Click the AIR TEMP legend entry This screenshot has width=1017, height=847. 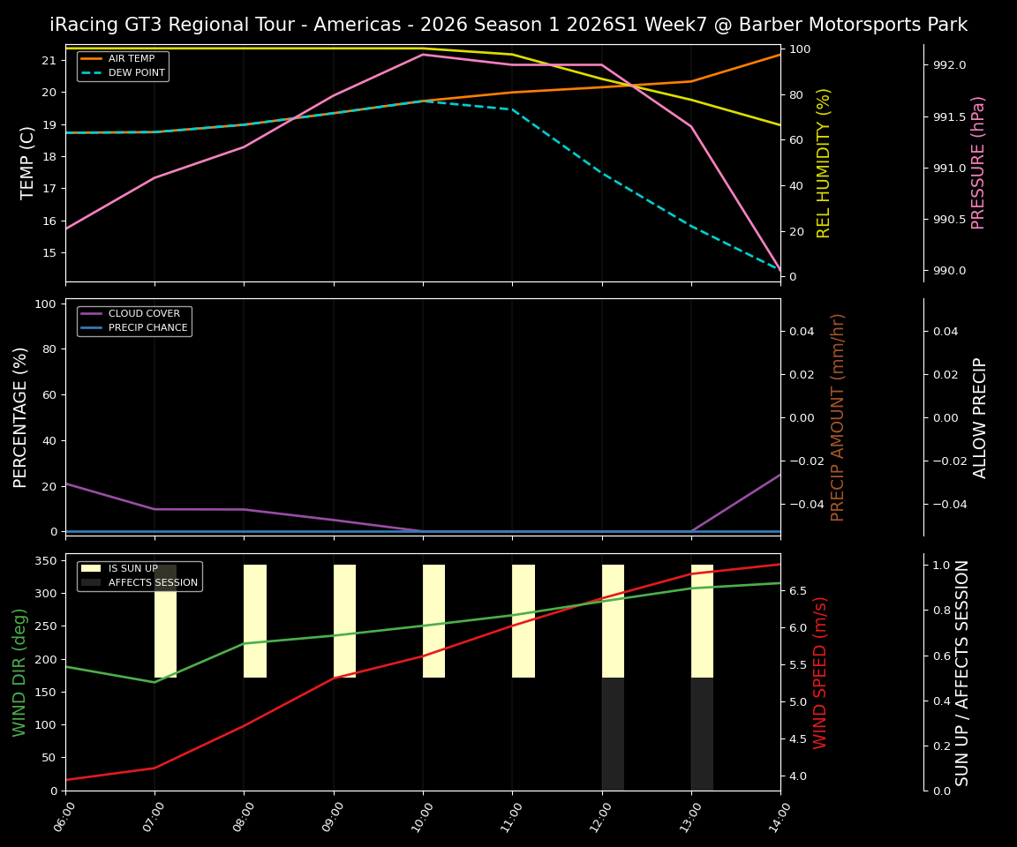point(132,59)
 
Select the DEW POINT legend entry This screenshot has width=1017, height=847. point(137,73)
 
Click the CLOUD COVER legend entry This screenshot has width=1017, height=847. point(144,314)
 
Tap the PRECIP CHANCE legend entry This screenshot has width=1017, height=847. point(147,328)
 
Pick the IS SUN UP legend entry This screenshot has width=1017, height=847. point(133,569)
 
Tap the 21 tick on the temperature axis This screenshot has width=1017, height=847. point(49,61)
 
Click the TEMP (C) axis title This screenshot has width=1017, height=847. point(28,162)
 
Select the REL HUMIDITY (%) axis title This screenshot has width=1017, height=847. point(825,162)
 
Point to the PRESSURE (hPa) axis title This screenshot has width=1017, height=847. point(978,162)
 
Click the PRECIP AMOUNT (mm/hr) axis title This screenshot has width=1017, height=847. point(839,416)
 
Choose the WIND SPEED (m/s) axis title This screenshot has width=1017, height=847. point(821,671)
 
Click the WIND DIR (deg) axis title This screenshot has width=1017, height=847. point(19,671)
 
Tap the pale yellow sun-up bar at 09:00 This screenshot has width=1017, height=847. point(344,621)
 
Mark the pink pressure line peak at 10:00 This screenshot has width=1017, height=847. point(423,55)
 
